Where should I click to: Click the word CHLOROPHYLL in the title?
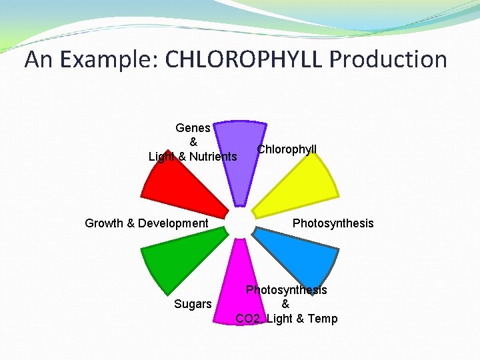[x=244, y=60]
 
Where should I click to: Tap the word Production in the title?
[x=388, y=60]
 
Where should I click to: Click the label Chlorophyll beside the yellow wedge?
[x=287, y=149]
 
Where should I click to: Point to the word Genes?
[x=193, y=127]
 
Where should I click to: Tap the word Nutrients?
[x=213, y=157]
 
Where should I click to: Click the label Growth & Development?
[x=147, y=223]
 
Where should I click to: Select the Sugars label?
[x=193, y=304]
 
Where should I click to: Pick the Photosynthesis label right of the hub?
[x=333, y=223]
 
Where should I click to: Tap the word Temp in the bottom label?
[x=323, y=319]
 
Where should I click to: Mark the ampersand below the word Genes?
[x=193, y=142]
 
